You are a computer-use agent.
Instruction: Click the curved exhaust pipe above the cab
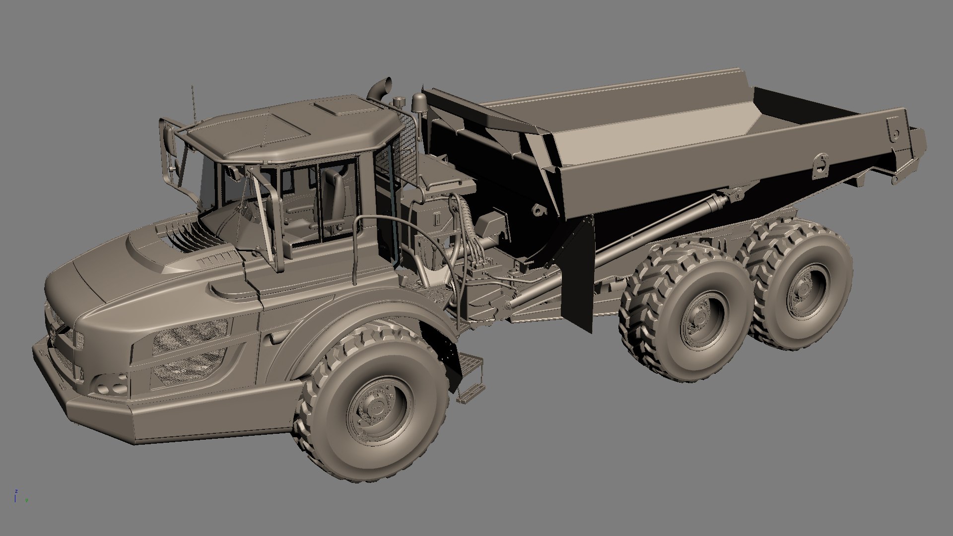pos(379,91)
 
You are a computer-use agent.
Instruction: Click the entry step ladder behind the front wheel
pos(470,377)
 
